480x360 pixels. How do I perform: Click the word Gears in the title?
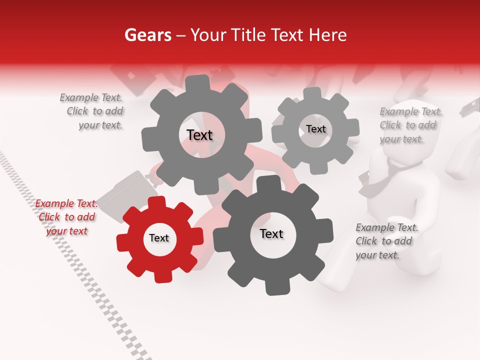147,35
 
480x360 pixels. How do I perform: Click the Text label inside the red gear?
159,238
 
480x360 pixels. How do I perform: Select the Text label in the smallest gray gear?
316,129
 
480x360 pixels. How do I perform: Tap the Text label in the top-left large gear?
199,135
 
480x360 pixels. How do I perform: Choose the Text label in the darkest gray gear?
271,234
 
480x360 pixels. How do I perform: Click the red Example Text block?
66,217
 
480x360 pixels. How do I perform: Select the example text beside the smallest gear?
410,125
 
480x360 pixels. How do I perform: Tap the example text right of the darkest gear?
386,241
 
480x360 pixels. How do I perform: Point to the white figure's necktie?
385,175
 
